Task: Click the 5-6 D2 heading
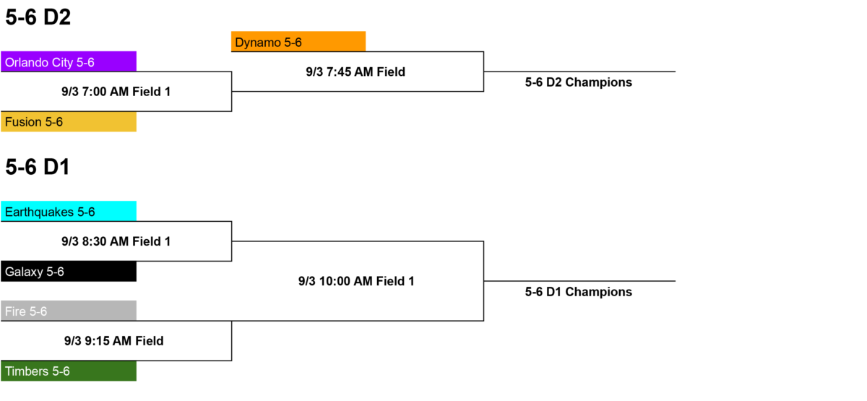point(38,17)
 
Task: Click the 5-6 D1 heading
point(38,167)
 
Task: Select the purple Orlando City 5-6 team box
point(69,61)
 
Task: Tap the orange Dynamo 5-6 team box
point(298,41)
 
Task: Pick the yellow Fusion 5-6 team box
point(69,122)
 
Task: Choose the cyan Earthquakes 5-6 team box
point(69,211)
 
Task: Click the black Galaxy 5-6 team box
point(69,272)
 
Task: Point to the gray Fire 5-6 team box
point(69,311)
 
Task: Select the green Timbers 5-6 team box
point(69,371)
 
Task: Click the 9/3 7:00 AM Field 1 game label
point(116,92)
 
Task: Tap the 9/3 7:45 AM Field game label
point(355,72)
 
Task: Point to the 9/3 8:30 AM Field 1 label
point(116,241)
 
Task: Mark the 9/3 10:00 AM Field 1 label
point(356,281)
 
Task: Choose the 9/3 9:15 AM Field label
point(114,341)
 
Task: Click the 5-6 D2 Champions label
point(578,82)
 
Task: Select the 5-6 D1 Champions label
point(578,292)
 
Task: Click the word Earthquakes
point(39,212)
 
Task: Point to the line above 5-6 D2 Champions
point(579,72)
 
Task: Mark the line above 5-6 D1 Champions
point(579,281)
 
